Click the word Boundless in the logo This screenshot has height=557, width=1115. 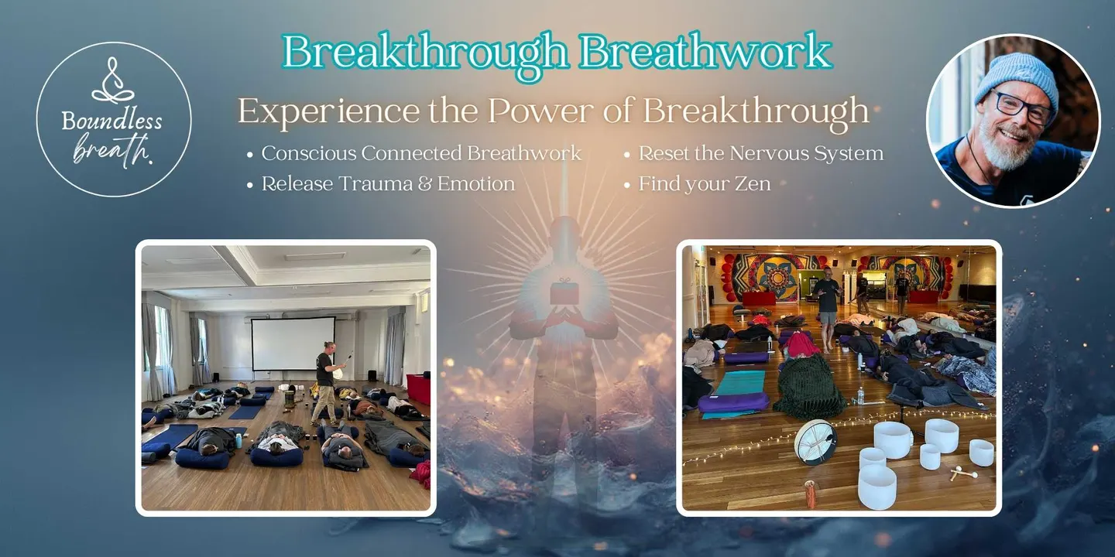(x=112, y=121)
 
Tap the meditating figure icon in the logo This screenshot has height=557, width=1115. (x=113, y=80)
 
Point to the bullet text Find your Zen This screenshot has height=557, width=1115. (x=705, y=184)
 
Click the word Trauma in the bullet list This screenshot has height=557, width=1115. (x=376, y=184)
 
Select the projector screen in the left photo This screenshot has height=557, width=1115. (x=293, y=343)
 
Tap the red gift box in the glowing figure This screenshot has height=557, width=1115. (x=564, y=292)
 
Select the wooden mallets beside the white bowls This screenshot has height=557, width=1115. (x=963, y=473)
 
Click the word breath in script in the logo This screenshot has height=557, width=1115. (x=112, y=149)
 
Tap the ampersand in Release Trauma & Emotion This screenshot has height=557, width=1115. (x=424, y=184)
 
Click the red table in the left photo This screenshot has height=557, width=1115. (x=419, y=389)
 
